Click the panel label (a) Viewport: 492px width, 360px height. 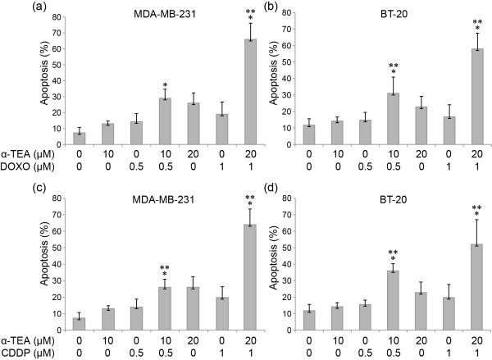(x=13, y=8)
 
